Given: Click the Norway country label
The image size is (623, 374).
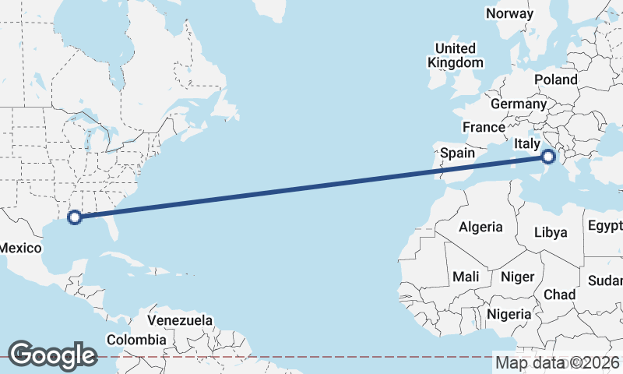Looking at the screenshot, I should pos(509,13).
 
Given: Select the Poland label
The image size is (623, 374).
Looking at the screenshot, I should pos(556,79).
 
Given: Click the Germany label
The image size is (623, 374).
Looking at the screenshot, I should pos(519,104).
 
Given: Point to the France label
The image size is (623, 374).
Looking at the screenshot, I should pos(484,127).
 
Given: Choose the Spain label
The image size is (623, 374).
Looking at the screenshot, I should pos(457,153).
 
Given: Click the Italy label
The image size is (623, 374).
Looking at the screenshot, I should pos(527,144).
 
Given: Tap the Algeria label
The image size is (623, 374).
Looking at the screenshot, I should pos(480,228).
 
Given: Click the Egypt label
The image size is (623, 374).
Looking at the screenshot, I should pos(605,227).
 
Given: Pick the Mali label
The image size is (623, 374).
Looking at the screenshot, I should pos(466,277).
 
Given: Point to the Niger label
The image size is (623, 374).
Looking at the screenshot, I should pos(517,277).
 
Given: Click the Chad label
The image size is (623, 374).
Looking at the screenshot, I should pos(559,295).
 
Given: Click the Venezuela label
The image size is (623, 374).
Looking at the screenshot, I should pos(180,320).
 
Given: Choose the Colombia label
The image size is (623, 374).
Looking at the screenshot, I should pos(136,340).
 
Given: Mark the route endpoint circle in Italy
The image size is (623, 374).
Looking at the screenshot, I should pos(548,157).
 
